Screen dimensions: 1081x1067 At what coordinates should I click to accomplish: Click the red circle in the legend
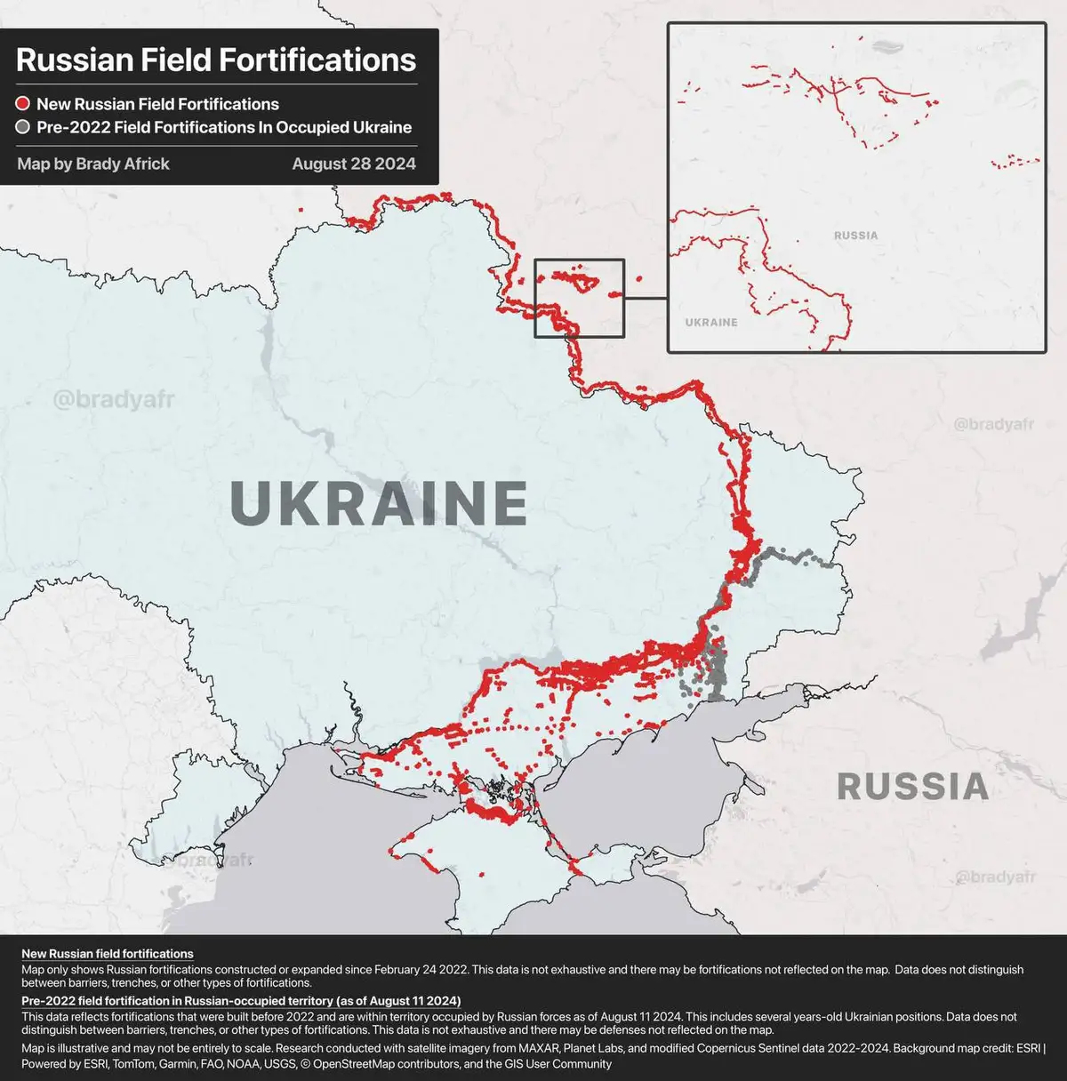pyautogui.click(x=23, y=104)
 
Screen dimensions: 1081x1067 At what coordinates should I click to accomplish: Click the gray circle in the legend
pyautogui.click(x=23, y=127)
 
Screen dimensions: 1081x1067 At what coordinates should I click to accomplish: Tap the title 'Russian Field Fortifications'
pyautogui.click(x=216, y=60)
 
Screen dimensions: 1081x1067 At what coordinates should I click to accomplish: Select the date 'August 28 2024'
pyautogui.click(x=354, y=164)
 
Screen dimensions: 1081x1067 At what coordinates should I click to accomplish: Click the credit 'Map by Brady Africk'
pyautogui.click(x=93, y=164)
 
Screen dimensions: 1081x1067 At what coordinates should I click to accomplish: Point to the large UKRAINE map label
pyautogui.click(x=379, y=503)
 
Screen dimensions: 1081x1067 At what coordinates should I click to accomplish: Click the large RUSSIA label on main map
pyautogui.click(x=912, y=787)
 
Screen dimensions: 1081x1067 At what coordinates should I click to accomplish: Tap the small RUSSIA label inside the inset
pyautogui.click(x=855, y=236)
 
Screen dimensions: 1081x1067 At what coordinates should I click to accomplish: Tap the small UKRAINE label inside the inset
pyautogui.click(x=711, y=322)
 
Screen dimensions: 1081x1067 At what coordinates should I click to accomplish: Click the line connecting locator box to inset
pyautogui.click(x=646, y=299)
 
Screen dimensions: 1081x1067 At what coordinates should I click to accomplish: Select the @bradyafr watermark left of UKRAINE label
pyautogui.click(x=114, y=398)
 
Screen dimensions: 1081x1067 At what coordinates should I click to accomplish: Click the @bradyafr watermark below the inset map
pyautogui.click(x=994, y=425)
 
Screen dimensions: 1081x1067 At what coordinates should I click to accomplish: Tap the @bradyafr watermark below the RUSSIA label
pyautogui.click(x=995, y=877)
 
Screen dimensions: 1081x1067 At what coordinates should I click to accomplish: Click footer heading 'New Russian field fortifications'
pyautogui.click(x=108, y=954)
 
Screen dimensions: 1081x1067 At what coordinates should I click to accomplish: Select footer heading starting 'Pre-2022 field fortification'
pyautogui.click(x=240, y=1001)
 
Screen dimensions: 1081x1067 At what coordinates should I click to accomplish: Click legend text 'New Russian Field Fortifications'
pyautogui.click(x=157, y=104)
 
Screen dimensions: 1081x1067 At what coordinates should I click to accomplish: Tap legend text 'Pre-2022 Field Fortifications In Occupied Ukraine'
pyautogui.click(x=224, y=127)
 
